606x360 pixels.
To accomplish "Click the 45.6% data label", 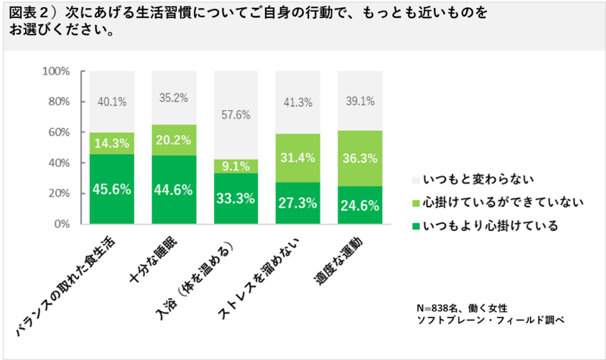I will coord(112,190).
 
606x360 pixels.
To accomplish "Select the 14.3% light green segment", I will coord(112,144).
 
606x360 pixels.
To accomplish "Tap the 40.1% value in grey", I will coord(112,102).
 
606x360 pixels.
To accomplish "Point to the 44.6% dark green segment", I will coord(174,190).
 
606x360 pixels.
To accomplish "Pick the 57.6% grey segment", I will coord(236,116).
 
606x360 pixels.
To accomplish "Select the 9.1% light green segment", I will coord(236,166).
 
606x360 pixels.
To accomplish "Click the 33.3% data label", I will coord(236,199).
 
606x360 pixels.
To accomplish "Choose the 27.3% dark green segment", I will coord(298,203).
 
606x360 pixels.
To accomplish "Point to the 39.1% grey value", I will coord(360,101).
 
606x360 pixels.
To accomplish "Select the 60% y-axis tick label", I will coord(58,132).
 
